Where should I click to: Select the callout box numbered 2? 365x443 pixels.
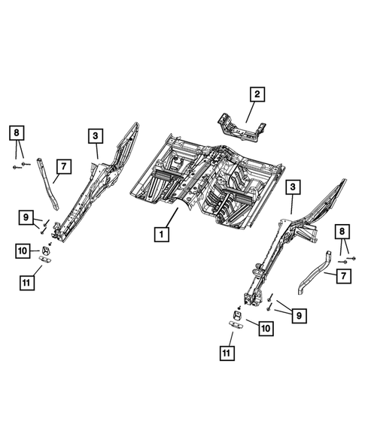pyautogui.click(x=257, y=94)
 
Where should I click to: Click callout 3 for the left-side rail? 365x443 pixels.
pyautogui.click(x=96, y=135)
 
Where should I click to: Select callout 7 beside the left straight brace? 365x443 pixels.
pyautogui.click(x=64, y=165)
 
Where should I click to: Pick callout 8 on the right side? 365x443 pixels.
pyautogui.click(x=343, y=232)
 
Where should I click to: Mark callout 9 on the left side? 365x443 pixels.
pyautogui.click(x=26, y=218)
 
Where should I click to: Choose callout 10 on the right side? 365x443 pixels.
pyautogui.click(x=265, y=328)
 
